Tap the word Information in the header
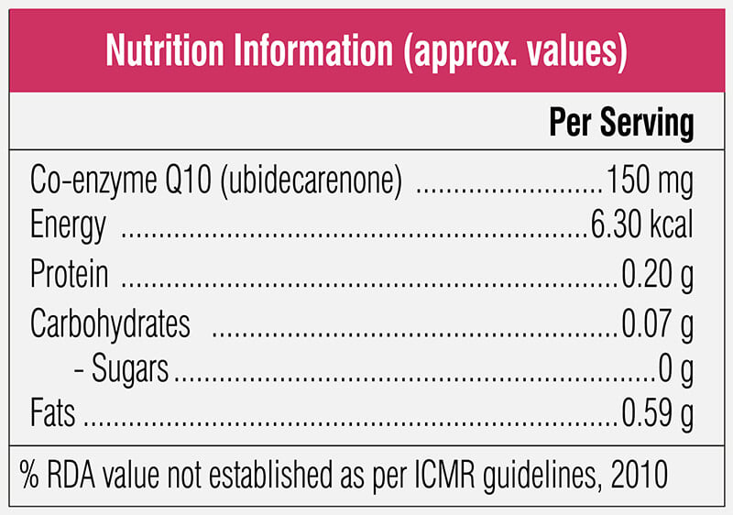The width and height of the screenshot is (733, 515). pos(313,50)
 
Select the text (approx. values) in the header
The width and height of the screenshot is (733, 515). pos(516,52)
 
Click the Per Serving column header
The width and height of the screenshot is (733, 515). pos(621,123)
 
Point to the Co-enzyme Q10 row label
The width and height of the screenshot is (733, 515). pos(121,181)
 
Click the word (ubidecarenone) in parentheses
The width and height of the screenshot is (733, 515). pos(311,181)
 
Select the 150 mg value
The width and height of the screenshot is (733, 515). pos(650,181)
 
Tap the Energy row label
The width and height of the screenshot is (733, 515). pos(68,226)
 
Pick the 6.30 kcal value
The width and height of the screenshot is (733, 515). pos(641,225)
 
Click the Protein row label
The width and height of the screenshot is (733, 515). pos(70,273)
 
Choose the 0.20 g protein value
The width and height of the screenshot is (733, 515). pos(657,275)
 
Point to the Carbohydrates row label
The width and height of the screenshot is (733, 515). pos(110,323)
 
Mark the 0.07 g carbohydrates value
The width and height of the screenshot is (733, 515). pos(657,324)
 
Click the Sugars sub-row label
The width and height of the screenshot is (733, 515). pos(129,369)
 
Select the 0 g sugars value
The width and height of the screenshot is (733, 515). pos(676,370)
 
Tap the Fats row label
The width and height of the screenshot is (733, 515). pos(52,412)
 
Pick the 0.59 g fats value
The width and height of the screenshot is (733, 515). pos(657,415)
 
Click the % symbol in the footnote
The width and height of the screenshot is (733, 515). pos(29,474)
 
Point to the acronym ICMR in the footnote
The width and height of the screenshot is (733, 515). pos(444,475)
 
